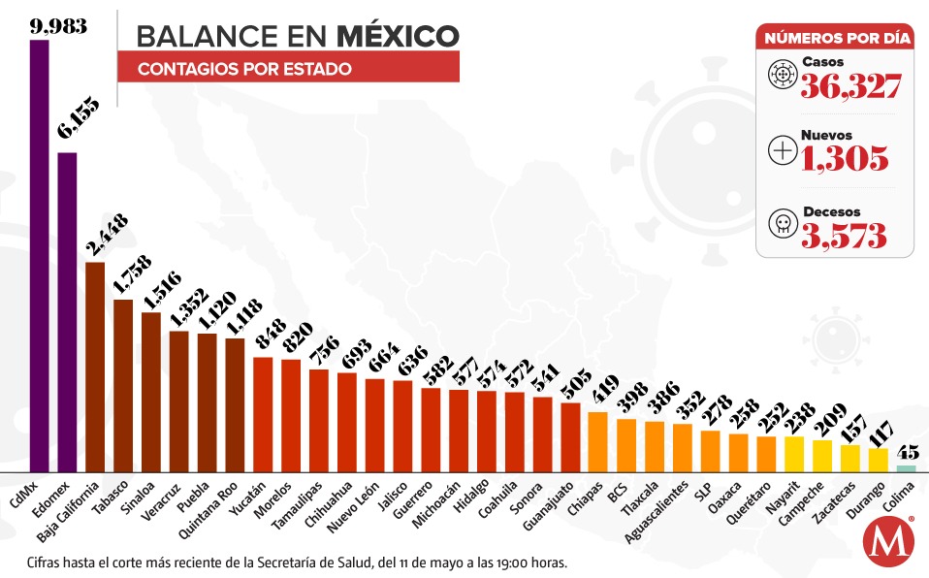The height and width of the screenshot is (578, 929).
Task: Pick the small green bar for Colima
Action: (x=906, y=468)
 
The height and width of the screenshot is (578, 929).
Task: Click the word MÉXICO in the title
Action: (x=398, y=36)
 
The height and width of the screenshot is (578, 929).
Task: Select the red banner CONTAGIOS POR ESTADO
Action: (x=288, y=69)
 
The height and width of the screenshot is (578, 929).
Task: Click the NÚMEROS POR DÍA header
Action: (x=837, y=39)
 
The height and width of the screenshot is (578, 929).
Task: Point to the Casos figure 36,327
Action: (x=850, y=86)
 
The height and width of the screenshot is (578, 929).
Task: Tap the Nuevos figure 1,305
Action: (x=844, y=157)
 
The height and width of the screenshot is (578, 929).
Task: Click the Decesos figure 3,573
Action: (x=844, y=234)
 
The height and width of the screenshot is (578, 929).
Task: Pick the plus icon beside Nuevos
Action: (x=781, y=149)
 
